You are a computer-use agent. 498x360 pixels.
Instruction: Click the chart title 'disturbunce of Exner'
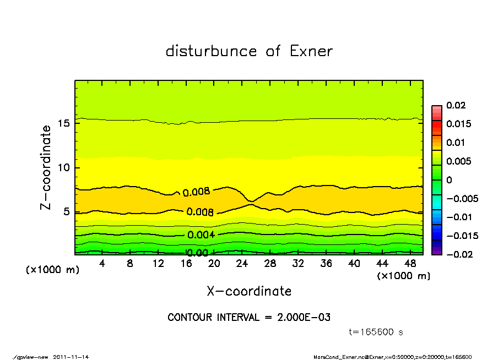[249, 51]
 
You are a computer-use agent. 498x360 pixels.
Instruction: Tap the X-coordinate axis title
[249, 291]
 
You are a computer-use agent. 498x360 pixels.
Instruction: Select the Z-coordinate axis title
[46, 167]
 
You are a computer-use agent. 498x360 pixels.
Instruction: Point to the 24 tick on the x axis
[242, 264]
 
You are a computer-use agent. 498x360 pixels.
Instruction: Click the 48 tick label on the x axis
[410, 264]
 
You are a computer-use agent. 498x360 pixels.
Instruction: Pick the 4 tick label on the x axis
[102, 264]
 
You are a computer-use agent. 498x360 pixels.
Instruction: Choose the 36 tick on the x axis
[326, 264]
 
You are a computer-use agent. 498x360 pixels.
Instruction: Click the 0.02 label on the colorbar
[456, 105]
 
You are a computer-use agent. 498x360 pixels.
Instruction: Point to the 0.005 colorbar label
[458, 161]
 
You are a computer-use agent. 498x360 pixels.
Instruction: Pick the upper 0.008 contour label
[196, 192]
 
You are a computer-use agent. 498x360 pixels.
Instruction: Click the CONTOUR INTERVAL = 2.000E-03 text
[249, 318]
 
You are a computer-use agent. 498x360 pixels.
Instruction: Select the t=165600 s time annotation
[377, 332]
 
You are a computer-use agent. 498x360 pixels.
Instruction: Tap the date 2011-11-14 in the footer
[71, 357]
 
